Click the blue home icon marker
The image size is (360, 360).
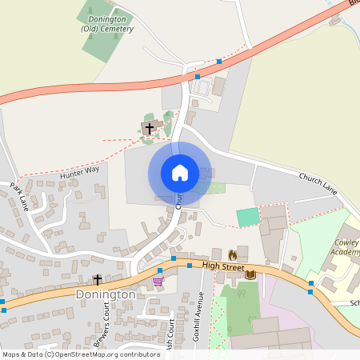tap(179, 172)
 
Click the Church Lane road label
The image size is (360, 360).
tap(319, 183)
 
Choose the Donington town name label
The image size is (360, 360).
tap(106, 294)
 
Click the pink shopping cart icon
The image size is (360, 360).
tap(158, 281)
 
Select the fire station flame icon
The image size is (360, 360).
tap(233, 254)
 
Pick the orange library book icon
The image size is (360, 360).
tap(250, 274)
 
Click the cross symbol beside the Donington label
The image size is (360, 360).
tap(98, 279)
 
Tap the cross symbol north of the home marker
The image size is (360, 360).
tap(149, 128)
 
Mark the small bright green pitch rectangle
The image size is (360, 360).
tap(248, 217)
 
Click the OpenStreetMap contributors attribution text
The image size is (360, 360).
tap(80, 354)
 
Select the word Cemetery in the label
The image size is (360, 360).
tap(117, 29)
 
